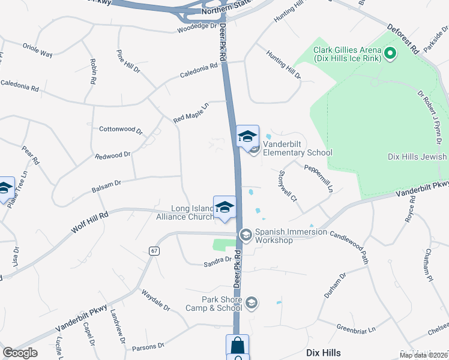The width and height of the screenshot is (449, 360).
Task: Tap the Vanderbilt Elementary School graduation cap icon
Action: (x=247, y=136)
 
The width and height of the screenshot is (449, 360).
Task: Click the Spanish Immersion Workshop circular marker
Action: (x=245, y=234)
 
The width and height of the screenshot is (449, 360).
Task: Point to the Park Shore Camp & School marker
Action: (x=252, y=302)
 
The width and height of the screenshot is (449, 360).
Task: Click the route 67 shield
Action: (x=154, y=250)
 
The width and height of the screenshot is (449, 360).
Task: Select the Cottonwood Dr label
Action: (x=121, y=130)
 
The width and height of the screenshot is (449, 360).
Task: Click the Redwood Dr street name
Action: (x=113, y=155)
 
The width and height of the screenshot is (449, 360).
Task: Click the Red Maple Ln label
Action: (x=191, y=112)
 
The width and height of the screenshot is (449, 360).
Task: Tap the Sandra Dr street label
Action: (x=218, y=261)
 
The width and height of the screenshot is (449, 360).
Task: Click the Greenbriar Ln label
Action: (x=356, y=329)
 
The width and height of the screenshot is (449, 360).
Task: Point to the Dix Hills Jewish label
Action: (x=417, y=157)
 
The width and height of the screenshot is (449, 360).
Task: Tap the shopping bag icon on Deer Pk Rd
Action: (x=237, y=346)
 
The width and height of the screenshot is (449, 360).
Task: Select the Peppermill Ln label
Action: (x=319, y=178)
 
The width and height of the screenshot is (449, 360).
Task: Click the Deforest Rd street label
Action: (x=403, y=41)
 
